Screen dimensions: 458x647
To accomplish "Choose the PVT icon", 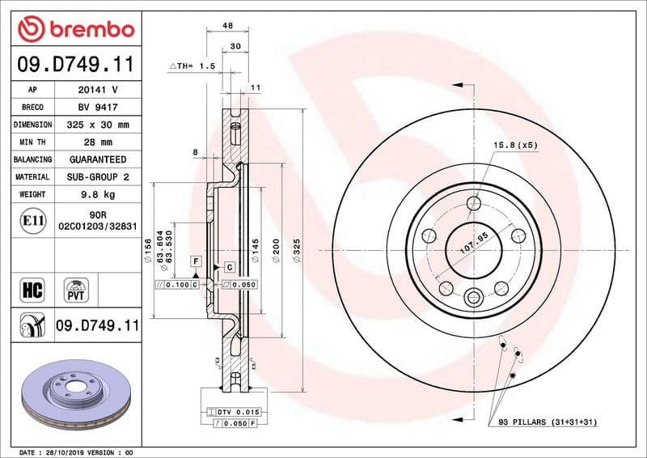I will coord(77,289).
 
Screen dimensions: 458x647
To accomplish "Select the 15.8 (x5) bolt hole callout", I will coord(516,145).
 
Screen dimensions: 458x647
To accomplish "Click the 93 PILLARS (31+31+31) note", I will coord(547,422).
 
